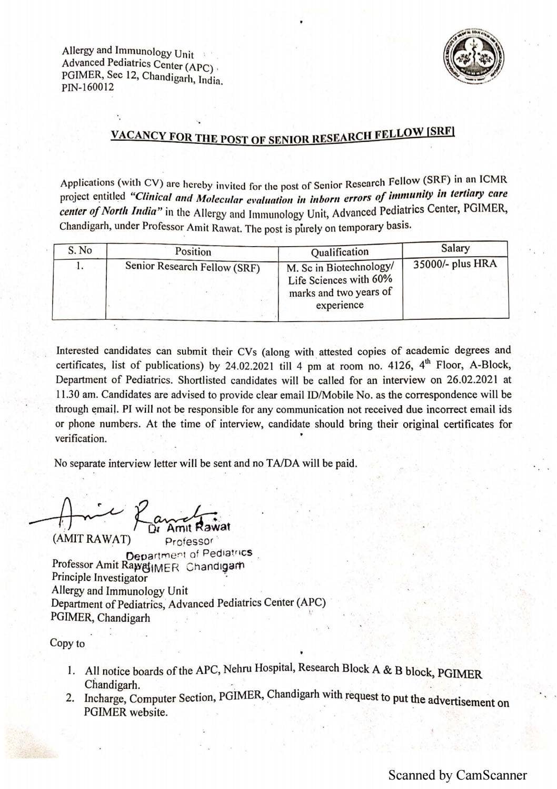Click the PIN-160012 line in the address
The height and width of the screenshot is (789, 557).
(x=87, y=87)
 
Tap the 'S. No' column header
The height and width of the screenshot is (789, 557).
(x=80, y=250)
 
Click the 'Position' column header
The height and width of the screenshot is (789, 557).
(x=193, y=251)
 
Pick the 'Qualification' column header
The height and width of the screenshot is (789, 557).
(x=340, y=251)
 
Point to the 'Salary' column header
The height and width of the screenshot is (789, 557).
(x=455, y=248)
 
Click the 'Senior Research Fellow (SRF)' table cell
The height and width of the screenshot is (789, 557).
(x=193, y=267)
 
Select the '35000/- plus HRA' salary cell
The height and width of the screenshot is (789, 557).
(x=455, y=264)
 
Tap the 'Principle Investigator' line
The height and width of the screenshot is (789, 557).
(x=100, y=577)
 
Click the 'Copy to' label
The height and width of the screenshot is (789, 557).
(x=67, y=643)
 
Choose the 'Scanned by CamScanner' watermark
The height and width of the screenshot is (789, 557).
(x=457, y=775)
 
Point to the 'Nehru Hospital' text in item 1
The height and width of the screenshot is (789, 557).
(x=258, y=669)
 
